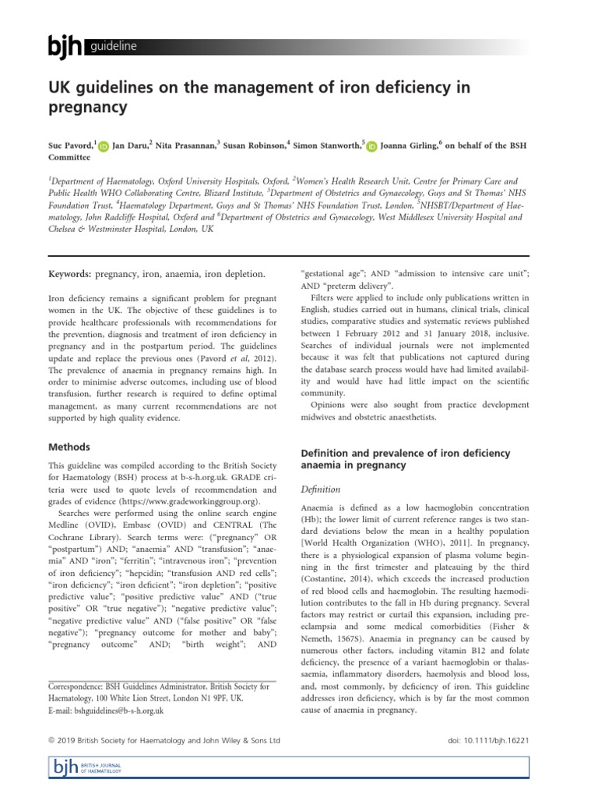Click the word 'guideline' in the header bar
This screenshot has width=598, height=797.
pos(114,47)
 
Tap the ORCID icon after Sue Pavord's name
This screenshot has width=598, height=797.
pos(104,146)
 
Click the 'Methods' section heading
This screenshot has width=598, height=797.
pos(69,447)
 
